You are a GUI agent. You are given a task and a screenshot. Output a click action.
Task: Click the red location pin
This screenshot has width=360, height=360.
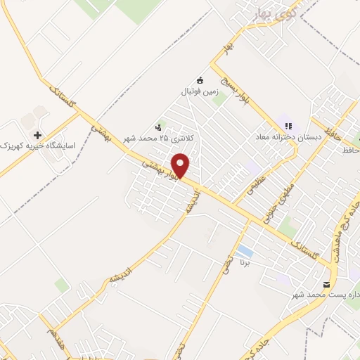pyautogui.click(x=181, y=165)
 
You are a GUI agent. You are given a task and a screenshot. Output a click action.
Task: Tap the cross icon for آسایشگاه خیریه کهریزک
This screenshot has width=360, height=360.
pyautogui.click(x=37, y=134)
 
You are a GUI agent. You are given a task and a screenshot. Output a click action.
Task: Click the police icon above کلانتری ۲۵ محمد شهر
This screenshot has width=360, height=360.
pyautogui.click(x=158, y=127)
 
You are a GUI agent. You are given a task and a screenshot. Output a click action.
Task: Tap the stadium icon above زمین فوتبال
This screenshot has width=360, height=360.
pyautogui.click(x=200, y=80)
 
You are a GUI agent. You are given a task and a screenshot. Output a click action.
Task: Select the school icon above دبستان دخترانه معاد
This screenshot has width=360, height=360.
pyautogui.click(x=288, y=125)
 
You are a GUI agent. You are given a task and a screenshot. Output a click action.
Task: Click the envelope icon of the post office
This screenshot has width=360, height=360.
pyautogui.click(x=326, y=285)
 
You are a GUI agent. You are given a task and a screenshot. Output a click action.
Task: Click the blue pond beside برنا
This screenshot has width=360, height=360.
pyautogui.click(x=245, y=251)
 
